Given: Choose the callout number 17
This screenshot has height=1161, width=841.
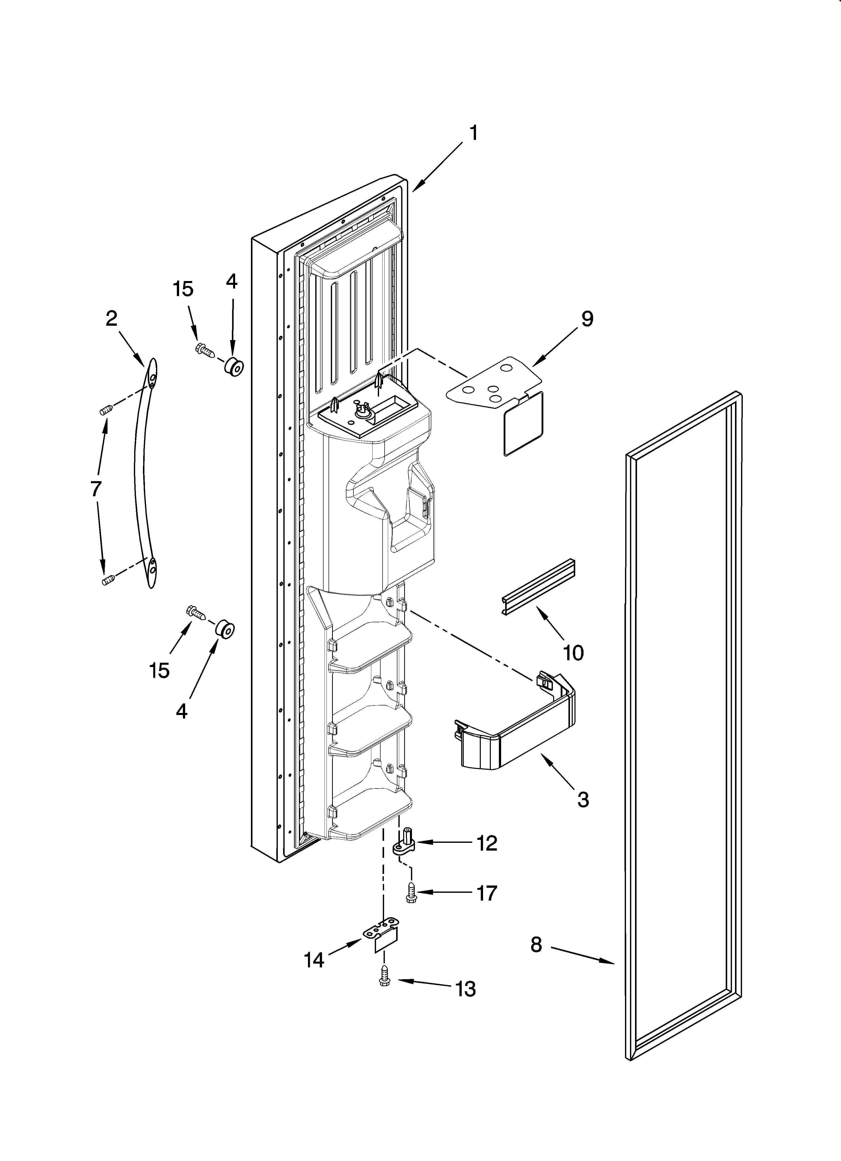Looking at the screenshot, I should tap(487, 893).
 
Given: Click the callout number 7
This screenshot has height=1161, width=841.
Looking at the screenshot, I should tap(96, 489).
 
